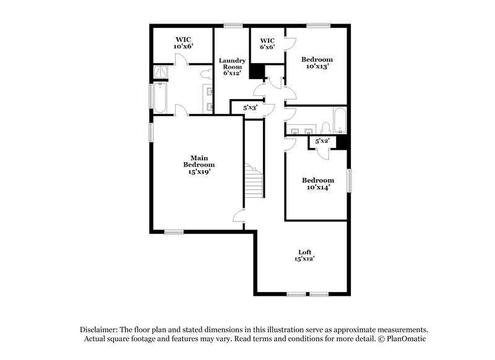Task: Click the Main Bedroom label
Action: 199,165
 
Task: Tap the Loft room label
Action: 304,255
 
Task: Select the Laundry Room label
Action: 232,66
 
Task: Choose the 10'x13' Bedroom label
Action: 317,62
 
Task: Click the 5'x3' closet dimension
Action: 250,108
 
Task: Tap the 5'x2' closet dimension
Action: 322,141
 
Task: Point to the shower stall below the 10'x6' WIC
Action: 161,74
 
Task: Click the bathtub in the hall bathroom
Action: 340,121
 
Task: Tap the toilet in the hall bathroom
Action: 325,127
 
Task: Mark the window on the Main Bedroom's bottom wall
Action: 174,232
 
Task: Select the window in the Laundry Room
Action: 233,25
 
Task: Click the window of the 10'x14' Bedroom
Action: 350,181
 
